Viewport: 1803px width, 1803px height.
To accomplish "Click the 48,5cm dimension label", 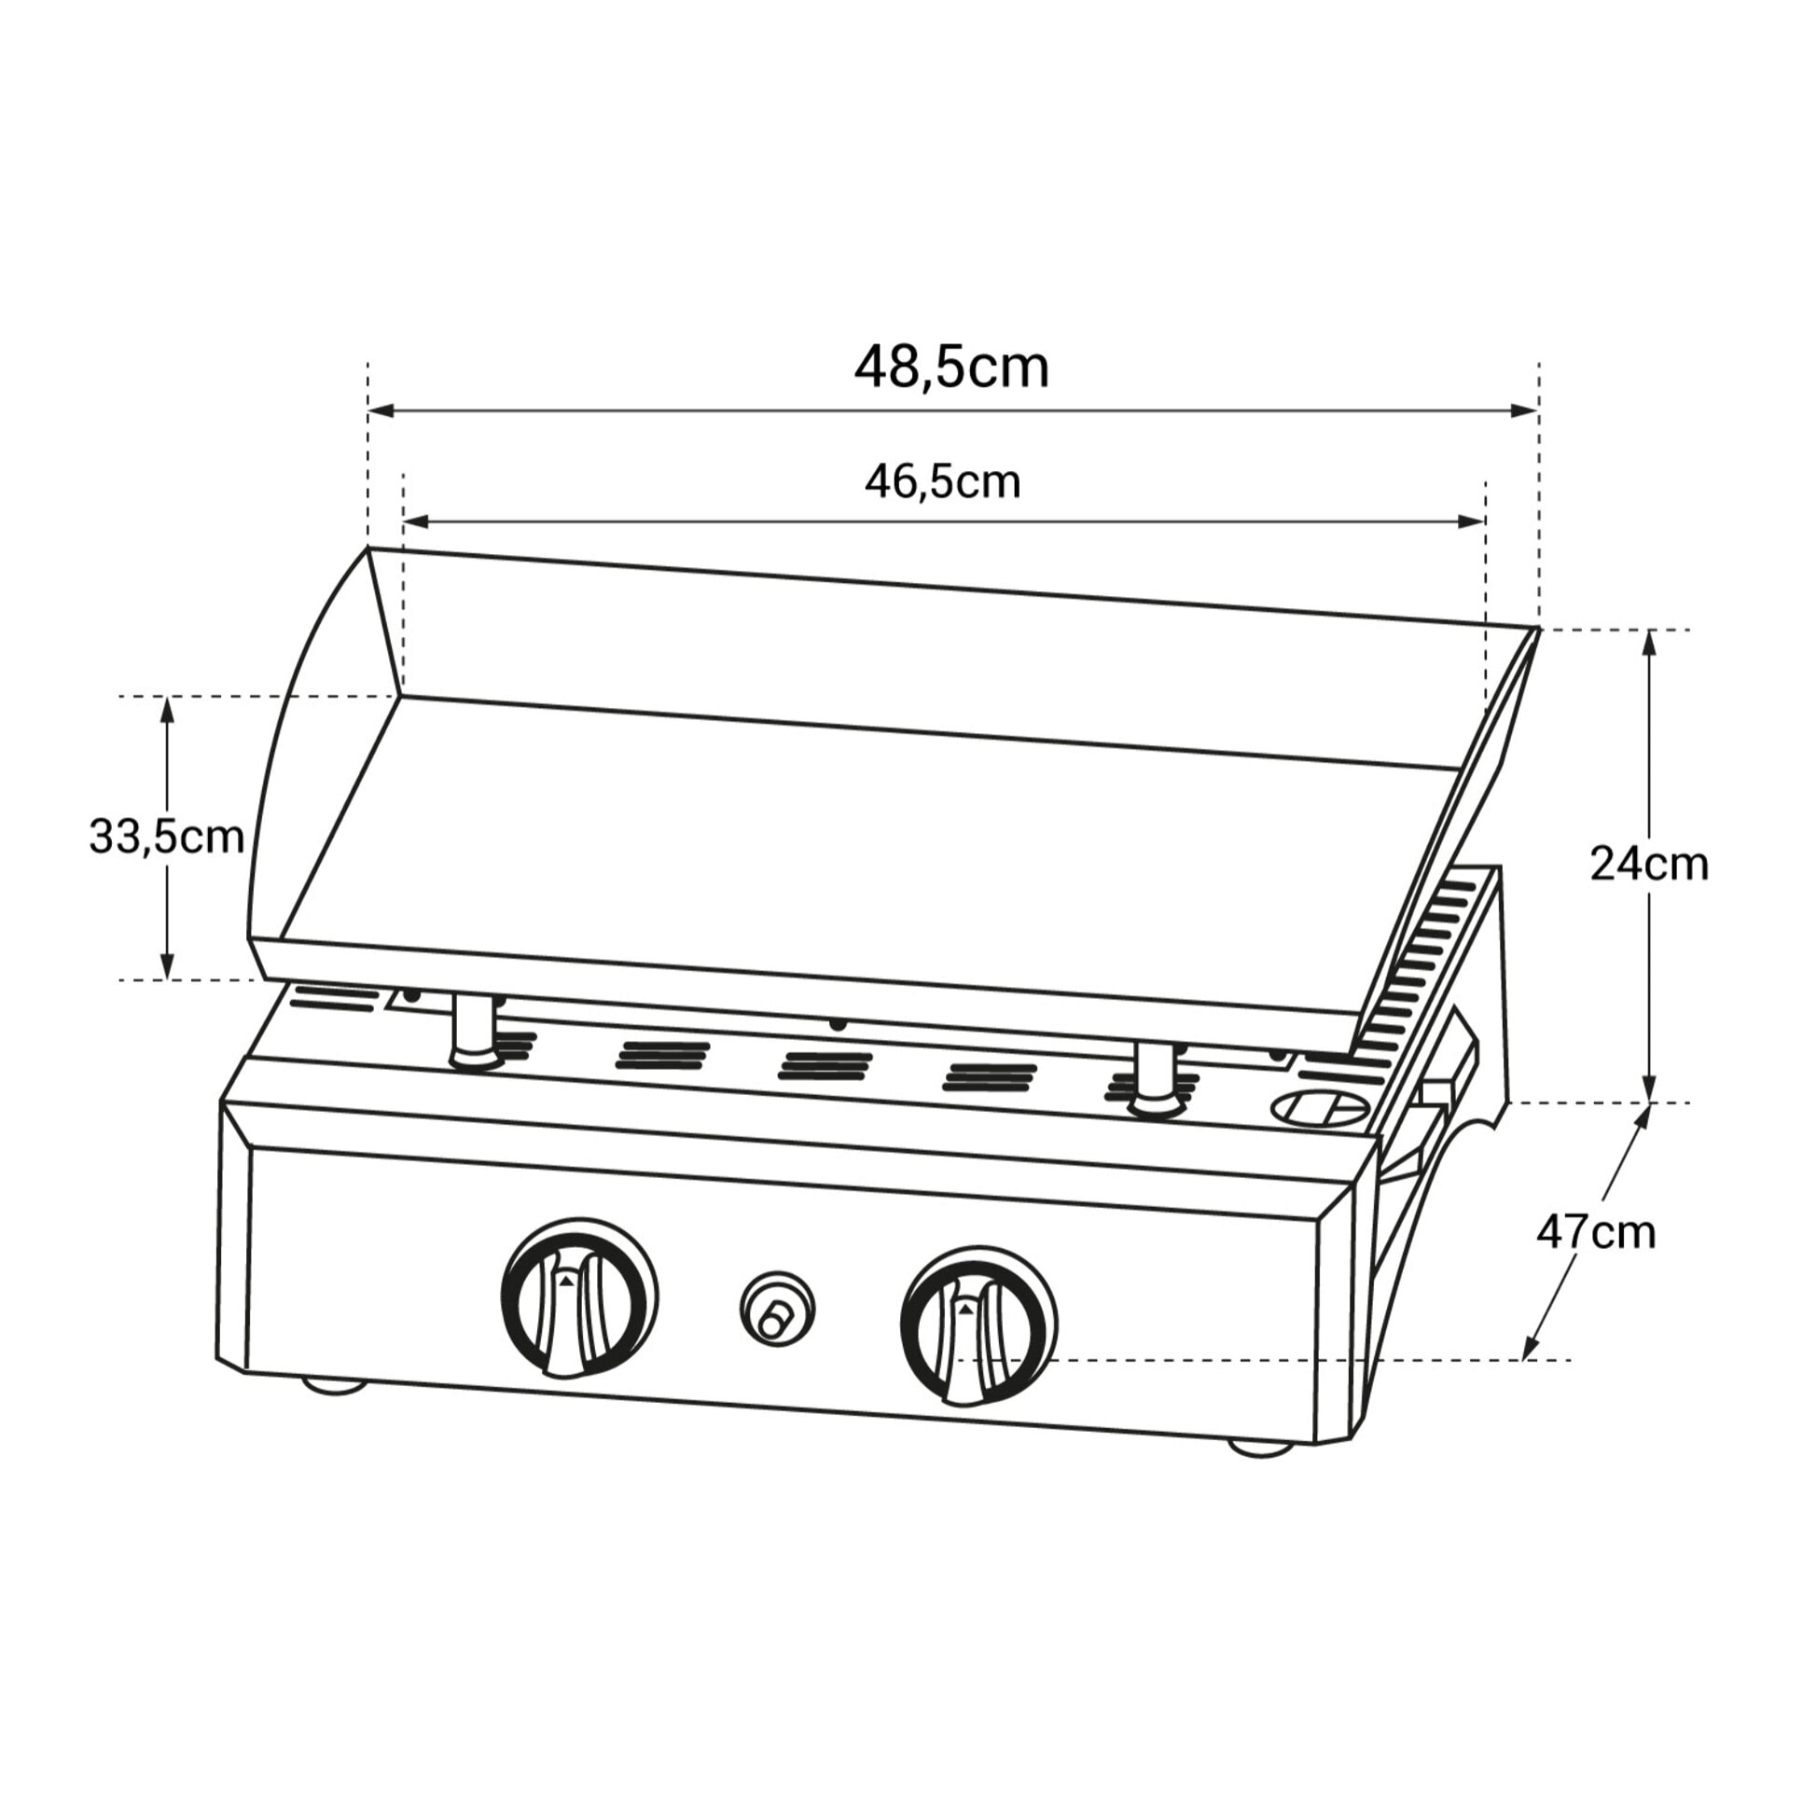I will (951, 368).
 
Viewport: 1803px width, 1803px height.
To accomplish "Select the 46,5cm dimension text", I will (943, 482).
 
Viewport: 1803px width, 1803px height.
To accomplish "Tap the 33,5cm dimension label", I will (166, 837).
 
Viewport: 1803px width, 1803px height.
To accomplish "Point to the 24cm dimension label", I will (1649, 864).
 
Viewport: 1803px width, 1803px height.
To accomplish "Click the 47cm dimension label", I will (1596, 1233).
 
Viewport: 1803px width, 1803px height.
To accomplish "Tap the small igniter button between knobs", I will (776, 1309).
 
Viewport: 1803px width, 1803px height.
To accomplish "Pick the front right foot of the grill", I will (1260, 1448).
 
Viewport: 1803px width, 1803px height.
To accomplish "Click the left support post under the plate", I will (475, 1031).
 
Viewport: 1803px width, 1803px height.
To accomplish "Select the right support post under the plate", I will (1157, 1081).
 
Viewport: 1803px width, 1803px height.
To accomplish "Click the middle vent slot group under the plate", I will (825, 1067).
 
